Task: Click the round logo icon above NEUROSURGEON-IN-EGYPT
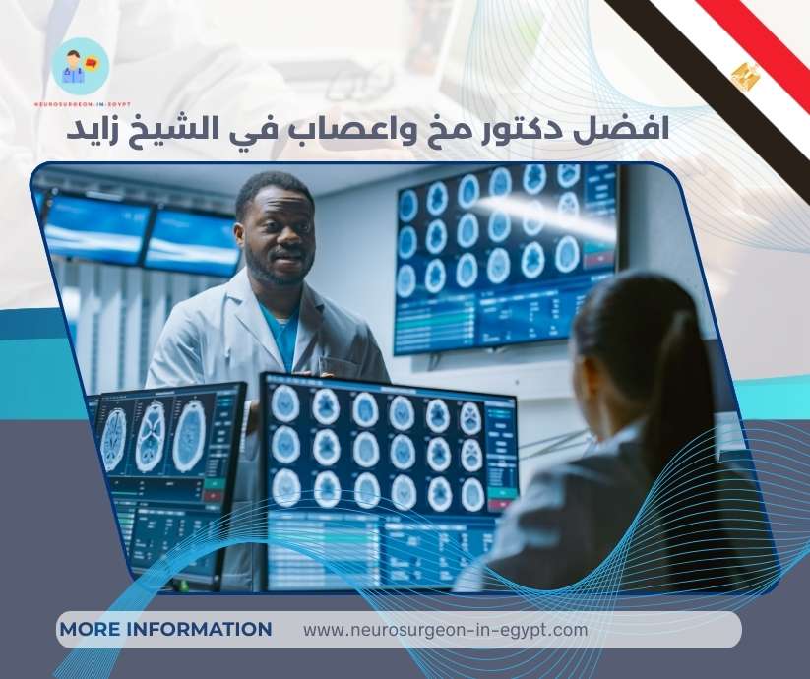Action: tap(81, 66)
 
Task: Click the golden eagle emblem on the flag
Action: tap(746, 75)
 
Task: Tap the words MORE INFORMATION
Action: tap(165, 629)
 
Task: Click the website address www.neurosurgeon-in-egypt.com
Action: tap(445, 629)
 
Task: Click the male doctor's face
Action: tap(276, 233)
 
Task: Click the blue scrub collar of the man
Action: tap(280, 330)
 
